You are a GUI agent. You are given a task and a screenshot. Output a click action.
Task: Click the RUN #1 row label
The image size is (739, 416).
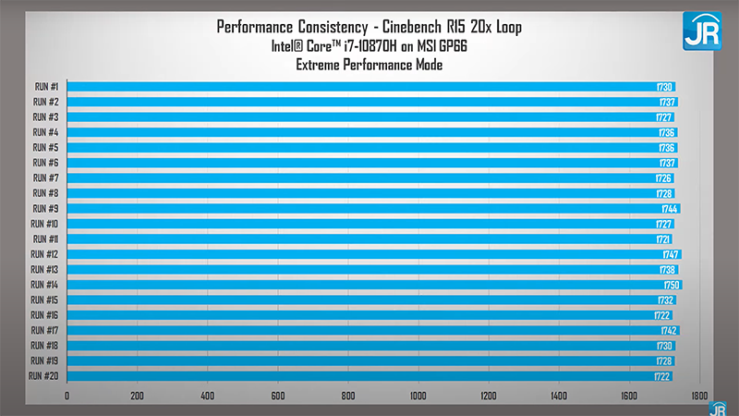(x=46, y=86)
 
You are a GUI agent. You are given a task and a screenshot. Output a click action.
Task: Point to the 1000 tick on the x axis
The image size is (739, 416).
(x=418, y=396)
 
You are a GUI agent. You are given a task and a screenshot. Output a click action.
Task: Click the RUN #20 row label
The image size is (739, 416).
(x=44, y=376)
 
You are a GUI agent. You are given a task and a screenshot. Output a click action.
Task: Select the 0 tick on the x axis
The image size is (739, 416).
(x=67, y=396)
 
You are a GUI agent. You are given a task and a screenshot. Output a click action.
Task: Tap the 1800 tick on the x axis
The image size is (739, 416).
(x=698, y=396)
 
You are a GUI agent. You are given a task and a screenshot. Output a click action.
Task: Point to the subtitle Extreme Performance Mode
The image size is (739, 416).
(x=369, y=65)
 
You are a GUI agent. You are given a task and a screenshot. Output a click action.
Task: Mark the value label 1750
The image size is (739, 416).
(x=672, y=285)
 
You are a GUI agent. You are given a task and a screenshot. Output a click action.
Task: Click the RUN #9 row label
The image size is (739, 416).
(x=46, y=209)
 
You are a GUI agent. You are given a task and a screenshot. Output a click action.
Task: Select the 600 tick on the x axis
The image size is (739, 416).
(x=277, y=396)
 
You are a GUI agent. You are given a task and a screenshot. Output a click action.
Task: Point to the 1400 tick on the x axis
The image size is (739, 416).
(x=558, y=396)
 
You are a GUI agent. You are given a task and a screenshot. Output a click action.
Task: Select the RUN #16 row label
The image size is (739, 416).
(x=45, y=315)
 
